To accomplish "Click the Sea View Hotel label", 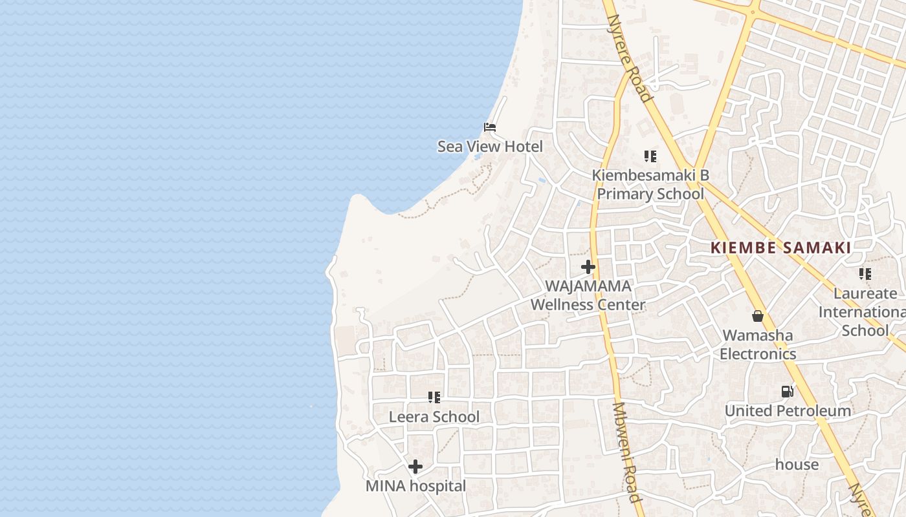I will pyautogui.click(x=490, y=147).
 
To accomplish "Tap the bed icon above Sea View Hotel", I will pyautogui.click(x=490, y=127).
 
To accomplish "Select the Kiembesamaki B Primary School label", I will pyautogui.click(x=650, y=184).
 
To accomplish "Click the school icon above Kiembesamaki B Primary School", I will pyautogui.click(x=650, y=156).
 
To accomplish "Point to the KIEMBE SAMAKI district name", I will pyautogui.click(x=780, y=248).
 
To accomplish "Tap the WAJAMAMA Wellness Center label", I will pyautogui.click(x=588, y=295).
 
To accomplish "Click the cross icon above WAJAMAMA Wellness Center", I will pyautogui.click(x=588, y=266).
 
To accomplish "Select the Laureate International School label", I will pyautogui.click(x=865, y=311).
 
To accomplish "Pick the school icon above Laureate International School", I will pyautogui.click(x=865, y=274).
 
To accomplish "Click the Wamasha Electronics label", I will pyautogui.click(x=758, y=344).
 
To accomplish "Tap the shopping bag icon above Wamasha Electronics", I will pyautogui.click(x=758, y=316).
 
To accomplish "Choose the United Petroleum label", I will pyautogui.click(x=788, y=411).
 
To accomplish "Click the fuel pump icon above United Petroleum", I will pyautogui.click(x=787, y=392).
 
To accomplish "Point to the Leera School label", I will pyautogui.click(x=434, y=417).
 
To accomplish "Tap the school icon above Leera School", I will pyautogui.click(x=434, y=397).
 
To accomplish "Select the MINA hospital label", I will pyautogui.click(x=415, y=486).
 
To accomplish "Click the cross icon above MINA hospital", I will pyautogui.click(x=415, y=467).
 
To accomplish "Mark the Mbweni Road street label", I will pyautogui.click(x=626, y=452).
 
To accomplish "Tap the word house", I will pyautogui.click(x=797, y=465).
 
